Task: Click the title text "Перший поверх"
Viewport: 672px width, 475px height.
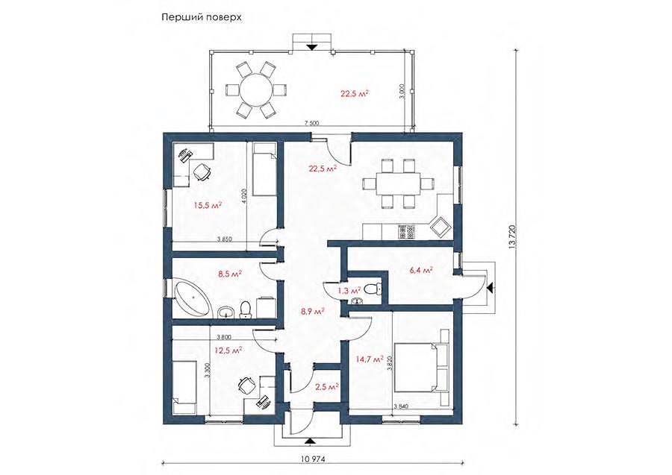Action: click(x=201, y=18)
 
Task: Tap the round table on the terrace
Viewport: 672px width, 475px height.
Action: click(x=255, y=90)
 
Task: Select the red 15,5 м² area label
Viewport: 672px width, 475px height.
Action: click(x=208, y=205)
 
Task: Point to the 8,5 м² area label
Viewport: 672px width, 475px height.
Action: click(x=230, y=274)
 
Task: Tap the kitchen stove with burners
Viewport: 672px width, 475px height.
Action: click(x=407, y=231)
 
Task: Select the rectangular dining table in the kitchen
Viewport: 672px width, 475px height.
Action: click(x=399, y=183)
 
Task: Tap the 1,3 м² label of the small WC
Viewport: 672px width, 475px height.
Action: click(x=349, y=291)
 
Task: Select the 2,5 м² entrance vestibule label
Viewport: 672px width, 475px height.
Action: click(x=327, y=387)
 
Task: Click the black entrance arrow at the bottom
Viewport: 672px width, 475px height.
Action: click(x=312, y=441)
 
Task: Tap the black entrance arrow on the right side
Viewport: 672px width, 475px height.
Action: click(x=491, y=287)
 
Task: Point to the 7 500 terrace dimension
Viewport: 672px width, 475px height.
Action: click(x=311, y=124)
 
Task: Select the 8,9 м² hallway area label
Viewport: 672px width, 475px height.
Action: click(x=312, y=311)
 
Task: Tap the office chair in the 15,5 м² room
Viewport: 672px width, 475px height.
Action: click(x=201, y=172)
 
